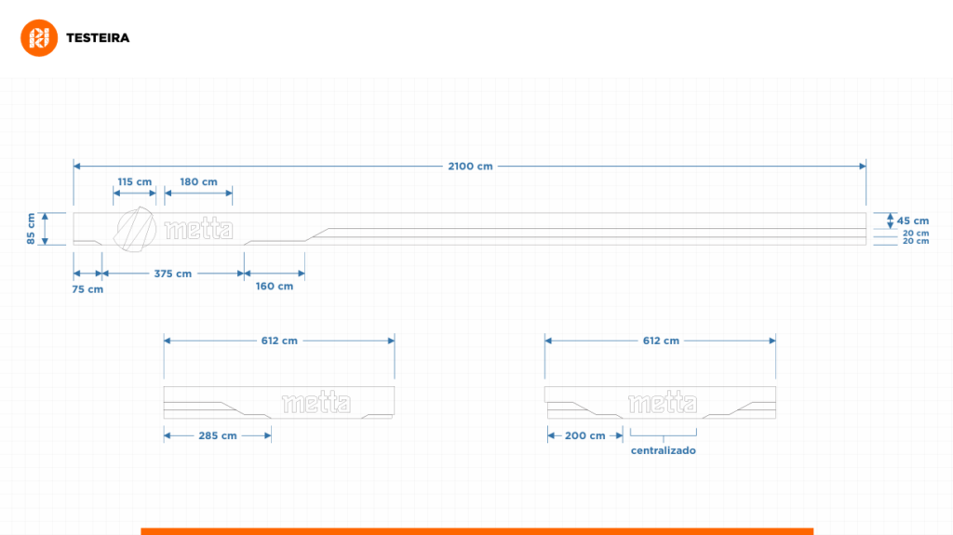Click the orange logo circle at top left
[39, 38]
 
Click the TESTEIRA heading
[98, 38]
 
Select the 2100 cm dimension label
[470, 166]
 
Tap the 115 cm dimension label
[135, 181]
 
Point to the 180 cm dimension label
[199, 181]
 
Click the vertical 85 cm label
[31, 229]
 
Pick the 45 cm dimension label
[913, 221]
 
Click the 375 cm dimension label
[172, 274]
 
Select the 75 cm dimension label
[87, 289]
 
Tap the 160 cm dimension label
[275, 287]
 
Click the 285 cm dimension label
[218, 435]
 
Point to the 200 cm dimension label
[584, 435]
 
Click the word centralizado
[663, 450]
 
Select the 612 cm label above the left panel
[279, 341]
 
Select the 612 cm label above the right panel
[662, 341]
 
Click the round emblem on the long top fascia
[135, 229]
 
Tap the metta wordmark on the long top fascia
[199, 229]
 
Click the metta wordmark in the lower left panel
[316, 403]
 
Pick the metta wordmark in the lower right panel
[663, 403]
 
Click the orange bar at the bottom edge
[477, 531]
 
